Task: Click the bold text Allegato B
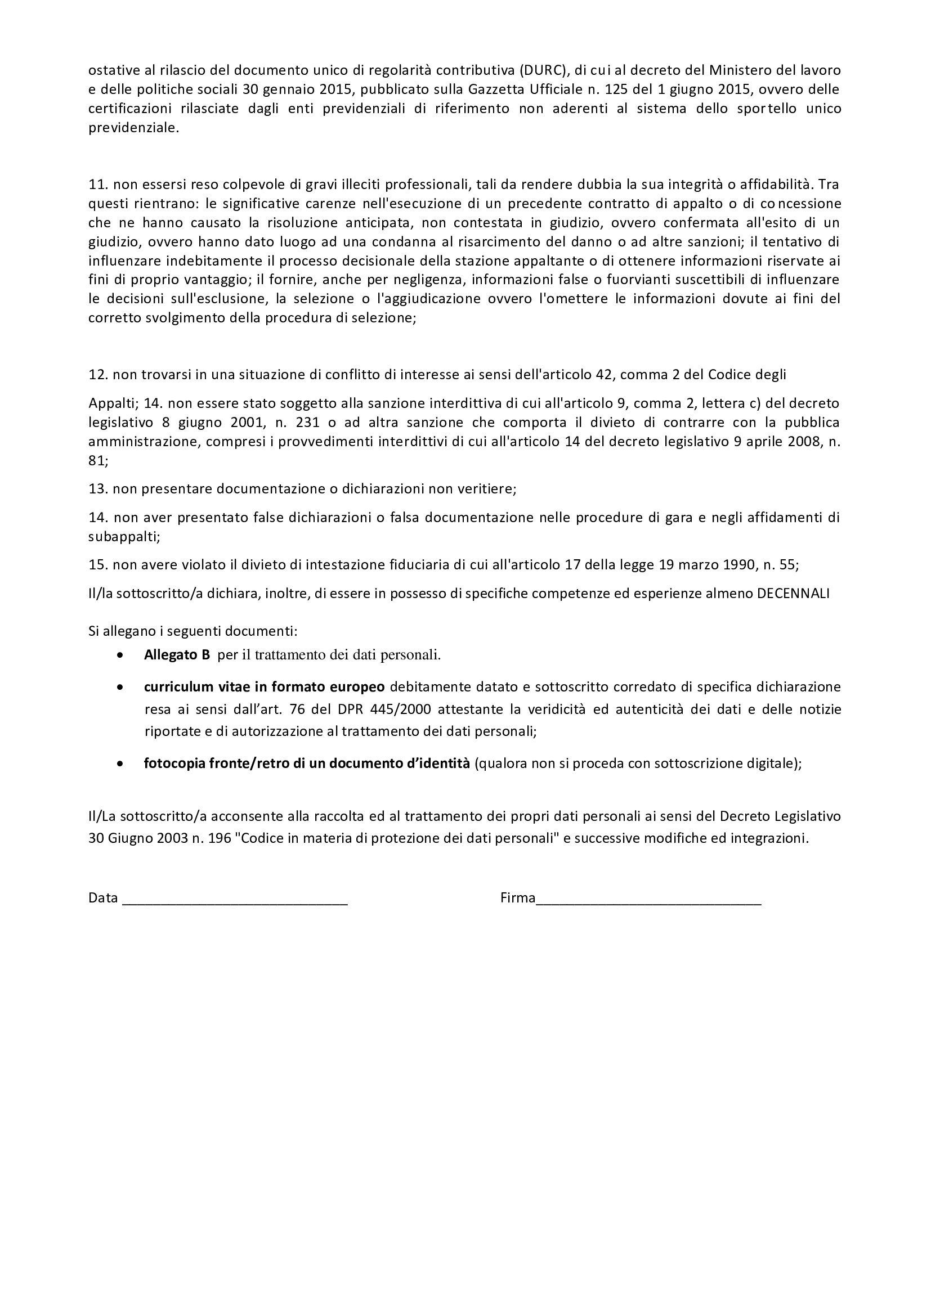coord(177,655)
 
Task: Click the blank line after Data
coord(235,898)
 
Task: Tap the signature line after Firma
coord(648,898)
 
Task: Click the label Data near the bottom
coord(102,897)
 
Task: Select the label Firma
coord(517,897)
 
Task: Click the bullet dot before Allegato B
coord(119,655)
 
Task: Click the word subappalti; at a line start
coord(124,537)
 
